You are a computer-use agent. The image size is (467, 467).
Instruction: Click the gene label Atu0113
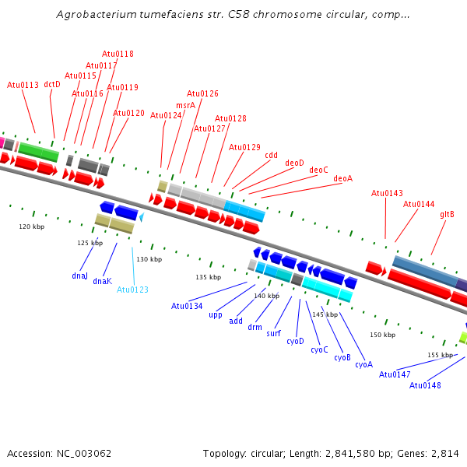tap(23, 85)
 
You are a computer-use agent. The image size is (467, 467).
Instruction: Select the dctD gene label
tap(52, 85)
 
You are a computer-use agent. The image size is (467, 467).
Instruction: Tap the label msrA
tap(185, 105)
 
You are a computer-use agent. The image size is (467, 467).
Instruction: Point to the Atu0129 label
tap(244, 147)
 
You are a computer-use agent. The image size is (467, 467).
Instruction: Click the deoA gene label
tap(342, 178)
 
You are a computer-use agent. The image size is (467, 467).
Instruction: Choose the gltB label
tap(447, 215)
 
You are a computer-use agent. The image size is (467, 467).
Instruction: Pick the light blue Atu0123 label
tap(132, 290)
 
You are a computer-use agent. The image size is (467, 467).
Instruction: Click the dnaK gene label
tap(103, 281)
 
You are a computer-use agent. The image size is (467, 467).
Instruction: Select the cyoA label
tap(364, 364)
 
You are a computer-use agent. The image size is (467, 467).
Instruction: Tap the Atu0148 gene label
tap(425, 385)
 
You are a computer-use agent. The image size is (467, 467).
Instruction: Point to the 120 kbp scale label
tap(32, 226)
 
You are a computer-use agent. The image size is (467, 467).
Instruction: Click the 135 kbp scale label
tap(208, 277)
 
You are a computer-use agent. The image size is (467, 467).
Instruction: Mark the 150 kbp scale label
tap(382, 335)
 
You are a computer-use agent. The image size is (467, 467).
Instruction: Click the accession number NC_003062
tap(84, 454)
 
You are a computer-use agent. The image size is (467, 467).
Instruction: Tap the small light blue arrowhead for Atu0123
tap(142, 217)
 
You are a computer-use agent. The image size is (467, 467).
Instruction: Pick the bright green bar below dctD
tap(38, 153)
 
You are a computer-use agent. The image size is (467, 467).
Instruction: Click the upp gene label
tap(216, 315)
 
